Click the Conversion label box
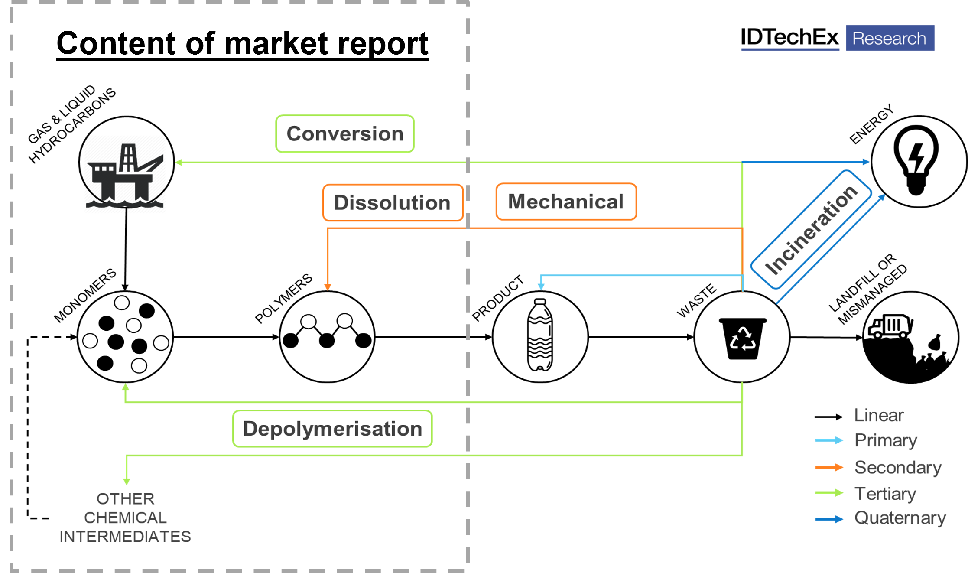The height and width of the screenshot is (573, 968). pos(345,133)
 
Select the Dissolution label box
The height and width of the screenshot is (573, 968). pos(393,202)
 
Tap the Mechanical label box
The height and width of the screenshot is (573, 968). pos(566,202)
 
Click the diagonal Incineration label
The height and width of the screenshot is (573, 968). pos(811,230)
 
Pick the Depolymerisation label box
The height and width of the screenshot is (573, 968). pos(332,429)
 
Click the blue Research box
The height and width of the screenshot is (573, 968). pos(890,38)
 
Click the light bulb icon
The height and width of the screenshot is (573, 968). pos(916,160)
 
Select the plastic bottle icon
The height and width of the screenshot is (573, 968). pos(540,336)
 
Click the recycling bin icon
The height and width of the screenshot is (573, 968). pos(742,337)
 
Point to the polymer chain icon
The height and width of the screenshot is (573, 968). pos(327,336)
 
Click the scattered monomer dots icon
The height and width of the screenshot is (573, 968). pos(125,336)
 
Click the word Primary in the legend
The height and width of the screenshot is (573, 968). pos(885,441)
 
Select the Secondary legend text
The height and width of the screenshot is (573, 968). pos(897,467)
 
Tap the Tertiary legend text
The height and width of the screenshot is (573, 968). pos(885,494)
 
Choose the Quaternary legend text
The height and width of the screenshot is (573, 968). pos(900,518)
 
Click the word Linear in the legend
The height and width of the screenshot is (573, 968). pos(878,415)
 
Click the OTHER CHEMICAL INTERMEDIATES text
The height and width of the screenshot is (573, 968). pos(125,518)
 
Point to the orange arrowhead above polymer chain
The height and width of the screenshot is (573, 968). pos(328,287)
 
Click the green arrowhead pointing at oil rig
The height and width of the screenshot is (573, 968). pos(179,163)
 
